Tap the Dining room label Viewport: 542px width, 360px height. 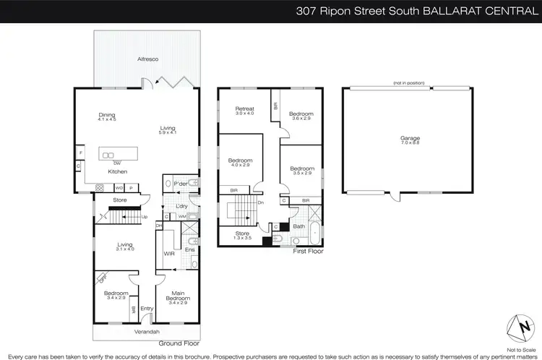tap(107, 115)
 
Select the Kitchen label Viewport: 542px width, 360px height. tap(118, 171)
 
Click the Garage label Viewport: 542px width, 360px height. tap(410, 138)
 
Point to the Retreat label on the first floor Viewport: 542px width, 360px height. tap(244, 109)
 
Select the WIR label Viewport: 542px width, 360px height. tap(169, 253)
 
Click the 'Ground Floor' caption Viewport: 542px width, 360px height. tap(179, 343)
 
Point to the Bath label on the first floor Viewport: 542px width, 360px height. tap(298, 226)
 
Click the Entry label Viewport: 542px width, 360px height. tap(147, 308)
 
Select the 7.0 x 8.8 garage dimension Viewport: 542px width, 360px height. tap(410, 143)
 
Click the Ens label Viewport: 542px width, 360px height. tap(189, 250)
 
